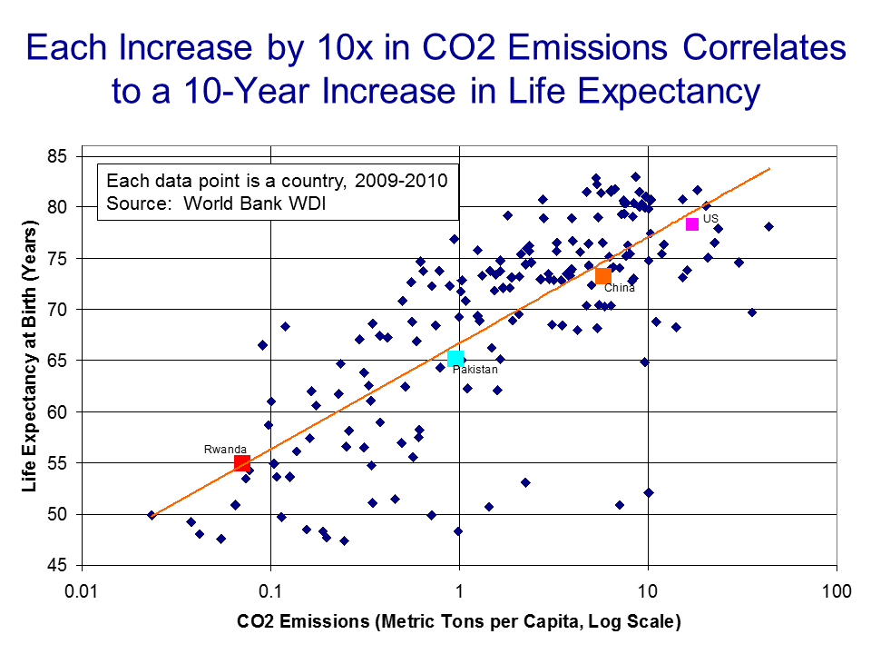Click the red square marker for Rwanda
[x=242, y=463]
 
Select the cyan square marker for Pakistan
[x=455, y=358]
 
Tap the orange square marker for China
[x=603, y=275]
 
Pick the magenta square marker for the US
[x=692, y=224]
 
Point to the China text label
[x=620, y=289]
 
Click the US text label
[x=710, y=219]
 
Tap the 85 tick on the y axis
[x=58, y=156]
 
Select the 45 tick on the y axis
[x=58, y=566]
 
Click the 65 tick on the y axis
[x=58, y=361]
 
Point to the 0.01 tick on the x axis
[x=82, y=592]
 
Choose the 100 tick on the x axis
[x=836, y=592]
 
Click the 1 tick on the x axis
[x=459, y=592]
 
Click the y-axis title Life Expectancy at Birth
[x=31, y=361]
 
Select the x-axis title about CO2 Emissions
[x=458, y=622]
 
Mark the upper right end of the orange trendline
[x=769, y=169]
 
